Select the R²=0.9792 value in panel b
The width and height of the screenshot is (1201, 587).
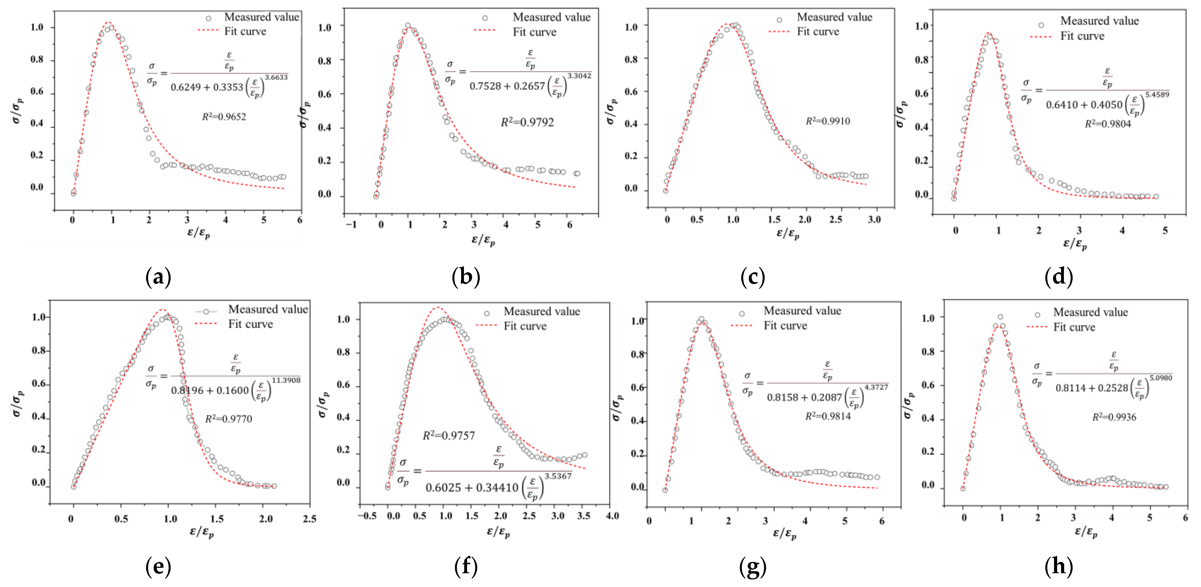click(x=527, y=122)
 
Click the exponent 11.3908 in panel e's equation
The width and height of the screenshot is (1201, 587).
click(x=286, y=380)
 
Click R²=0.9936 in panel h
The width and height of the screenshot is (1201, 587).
click(x=1114, y=417)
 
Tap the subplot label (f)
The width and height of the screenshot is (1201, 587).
click(x=466, y=566)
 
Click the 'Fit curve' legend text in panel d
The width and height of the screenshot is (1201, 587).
click(x=1082, y=36)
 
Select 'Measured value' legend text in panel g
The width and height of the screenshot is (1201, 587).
click(x=802, y=311)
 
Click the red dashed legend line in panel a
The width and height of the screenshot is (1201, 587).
click(x=208, y=31)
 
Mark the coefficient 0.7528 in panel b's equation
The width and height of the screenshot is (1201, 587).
click(x=485, y=86)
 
